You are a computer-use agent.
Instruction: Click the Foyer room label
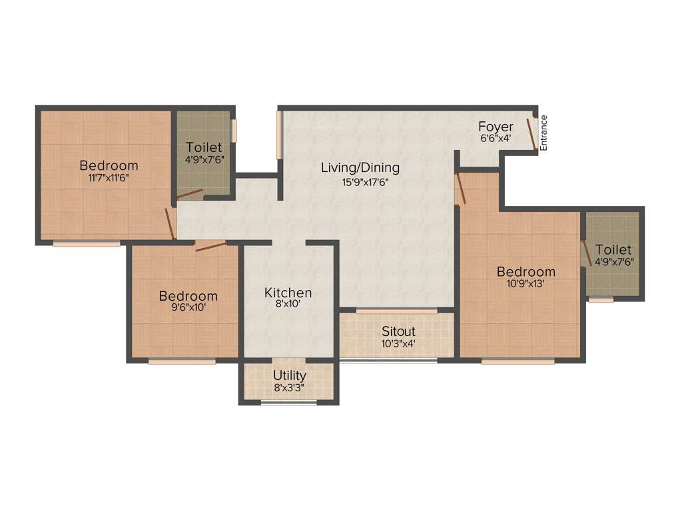[x=496, y=127]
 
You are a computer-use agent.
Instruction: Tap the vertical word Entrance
[x=543, y=133]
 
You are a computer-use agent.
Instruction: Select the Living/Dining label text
[x=360, y=167]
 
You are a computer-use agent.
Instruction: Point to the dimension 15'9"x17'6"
[x=360, y=181]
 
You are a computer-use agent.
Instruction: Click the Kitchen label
[x=288, y=293]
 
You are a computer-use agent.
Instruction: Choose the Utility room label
[x=289, y=375]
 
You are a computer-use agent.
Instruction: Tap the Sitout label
[x=398, y=331]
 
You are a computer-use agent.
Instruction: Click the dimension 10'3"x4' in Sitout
[x=398, y=344]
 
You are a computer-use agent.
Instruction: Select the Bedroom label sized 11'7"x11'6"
[x=109, y=165]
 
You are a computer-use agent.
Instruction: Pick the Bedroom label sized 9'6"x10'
[x=187, y=296]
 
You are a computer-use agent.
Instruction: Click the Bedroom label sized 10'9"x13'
[x=525, y=271]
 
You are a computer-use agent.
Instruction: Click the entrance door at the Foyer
[x=533, y=134]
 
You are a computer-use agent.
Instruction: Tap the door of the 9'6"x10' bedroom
[x=210, y=245]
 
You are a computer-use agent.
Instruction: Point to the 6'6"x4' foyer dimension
[x=496, y=139]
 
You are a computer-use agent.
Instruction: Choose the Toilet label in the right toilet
[x=613, y=249]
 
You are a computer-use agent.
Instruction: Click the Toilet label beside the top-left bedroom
[x=204, y=147]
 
